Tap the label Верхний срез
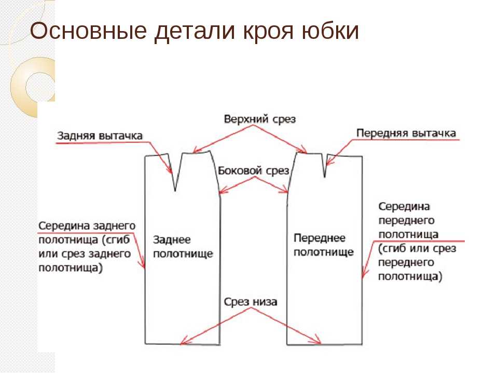[259, 119]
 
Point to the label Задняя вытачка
[100, 136]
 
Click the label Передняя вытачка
[406, 133]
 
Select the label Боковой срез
[254, 170]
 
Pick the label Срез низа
[250, 302]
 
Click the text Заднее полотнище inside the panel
[183, 247]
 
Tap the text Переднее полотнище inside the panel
[323, 245]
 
